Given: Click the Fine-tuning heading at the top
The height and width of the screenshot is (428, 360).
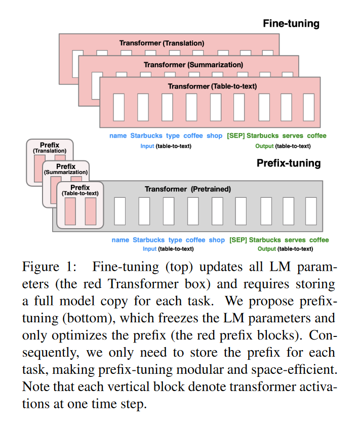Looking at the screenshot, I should tap(291, 23).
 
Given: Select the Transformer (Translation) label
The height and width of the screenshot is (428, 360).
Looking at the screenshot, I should tap(162, 43).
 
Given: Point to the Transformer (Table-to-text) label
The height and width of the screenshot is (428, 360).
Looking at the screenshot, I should tap(212, 87).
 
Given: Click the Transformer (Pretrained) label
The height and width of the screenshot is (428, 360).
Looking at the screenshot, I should tap(187, 189).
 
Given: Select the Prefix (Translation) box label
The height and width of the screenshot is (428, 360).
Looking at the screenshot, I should tap(50, 148).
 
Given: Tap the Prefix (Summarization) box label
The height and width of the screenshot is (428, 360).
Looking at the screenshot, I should tap(66, 169).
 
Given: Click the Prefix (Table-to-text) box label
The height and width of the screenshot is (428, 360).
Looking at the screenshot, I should tap(79, 190).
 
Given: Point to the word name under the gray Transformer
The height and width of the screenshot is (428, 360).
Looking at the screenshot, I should tap(121, 240).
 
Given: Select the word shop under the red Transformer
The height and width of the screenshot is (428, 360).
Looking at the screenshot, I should tap(214, 136).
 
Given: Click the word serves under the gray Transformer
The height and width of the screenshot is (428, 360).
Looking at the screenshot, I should tap(294, 240).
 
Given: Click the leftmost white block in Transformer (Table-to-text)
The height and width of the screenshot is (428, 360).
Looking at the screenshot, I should tap(119, 107).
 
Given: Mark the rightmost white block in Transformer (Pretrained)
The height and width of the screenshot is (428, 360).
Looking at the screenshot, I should tap(311, 211).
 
